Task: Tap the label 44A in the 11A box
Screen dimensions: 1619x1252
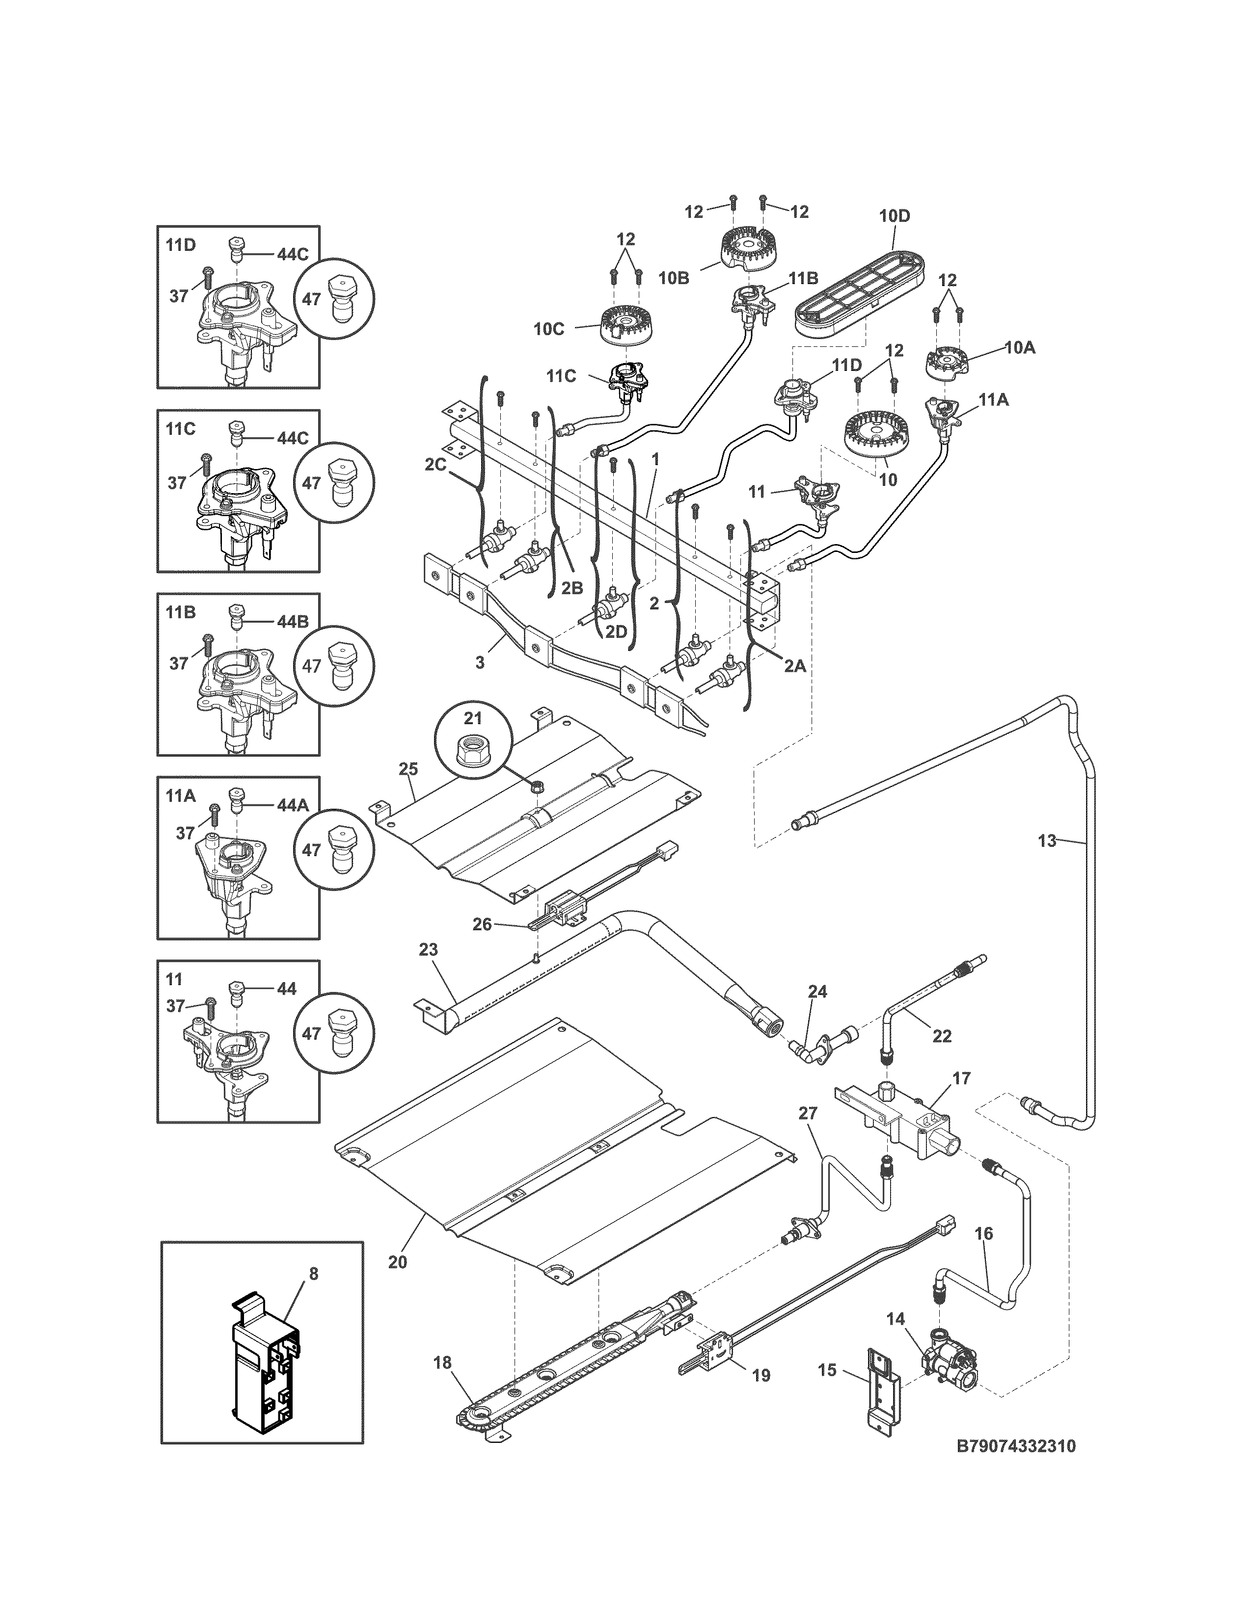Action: pos(292,805)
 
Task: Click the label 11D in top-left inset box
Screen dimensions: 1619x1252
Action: pos(180,245)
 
